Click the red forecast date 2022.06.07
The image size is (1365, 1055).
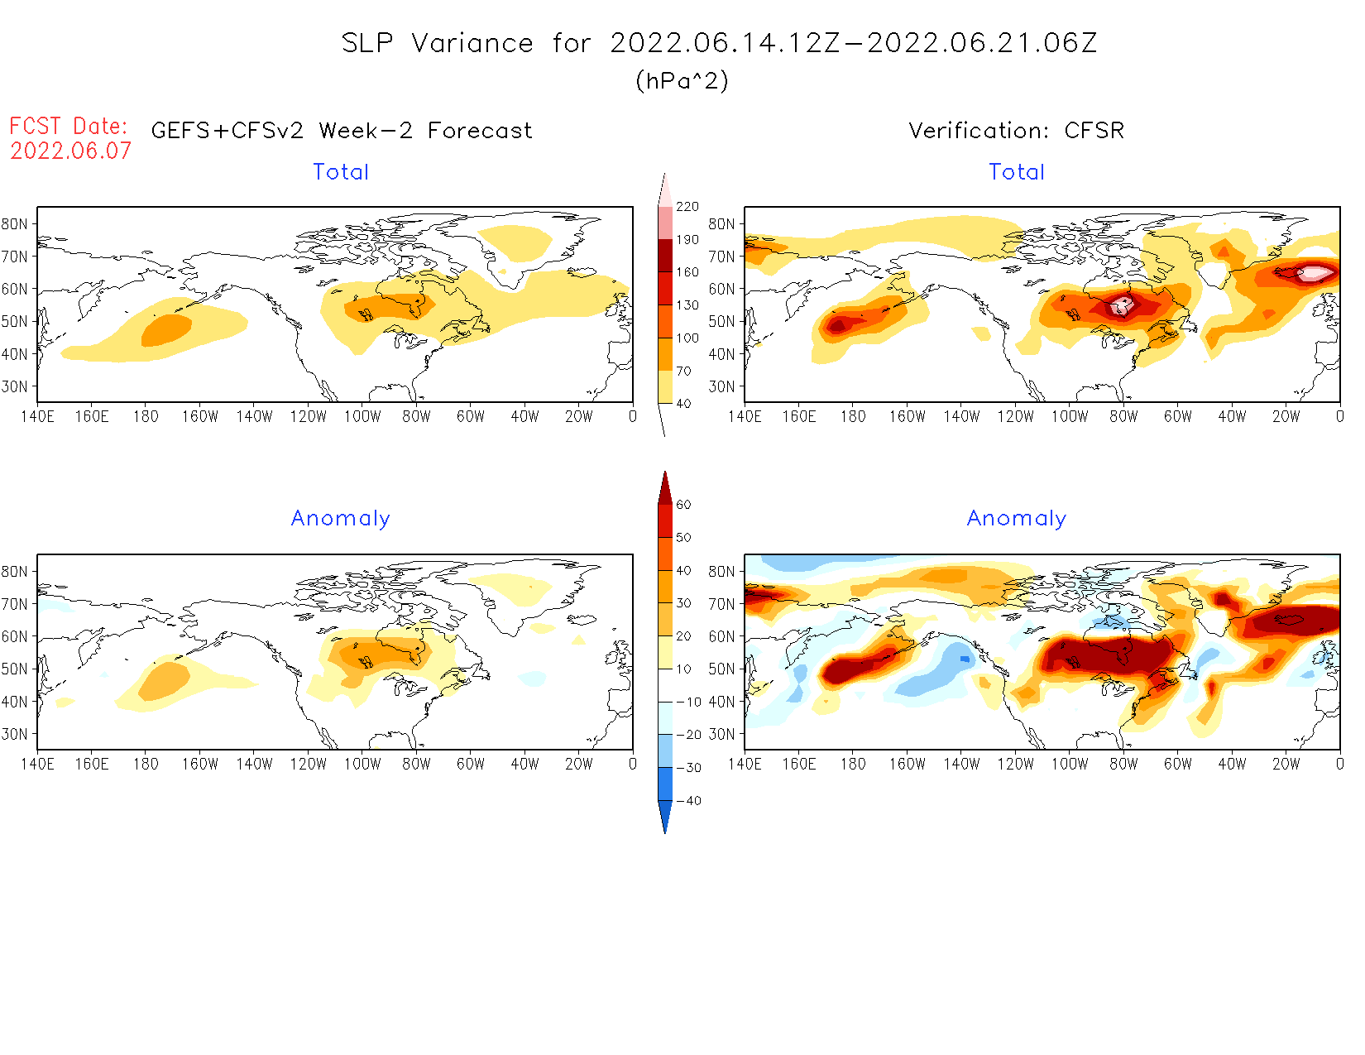coord(70,151)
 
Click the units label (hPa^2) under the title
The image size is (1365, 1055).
coord(682,80)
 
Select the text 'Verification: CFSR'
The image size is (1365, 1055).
coord(1016,131)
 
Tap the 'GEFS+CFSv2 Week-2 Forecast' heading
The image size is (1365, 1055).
coord(342,131)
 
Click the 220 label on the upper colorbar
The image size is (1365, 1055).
coord(687,207)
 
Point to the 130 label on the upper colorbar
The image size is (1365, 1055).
coord(687,305)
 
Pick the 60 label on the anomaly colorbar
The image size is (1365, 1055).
coord(683,505)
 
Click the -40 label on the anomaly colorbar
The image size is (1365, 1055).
coord(688,801)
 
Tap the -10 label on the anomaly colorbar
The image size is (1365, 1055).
coord(688,702)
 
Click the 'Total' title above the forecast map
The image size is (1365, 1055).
coord(341,172)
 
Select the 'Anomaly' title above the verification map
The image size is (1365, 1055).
coord(1017,519)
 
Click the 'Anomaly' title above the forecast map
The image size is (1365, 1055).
coord(341,519)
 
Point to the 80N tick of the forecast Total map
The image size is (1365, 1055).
coord(15,224)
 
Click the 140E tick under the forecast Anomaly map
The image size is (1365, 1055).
coord(37,764)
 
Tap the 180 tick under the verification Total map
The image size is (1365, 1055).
coord(853,416)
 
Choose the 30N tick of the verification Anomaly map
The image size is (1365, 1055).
coord(721,734)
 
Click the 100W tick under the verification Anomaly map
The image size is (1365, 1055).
coord(1070,764)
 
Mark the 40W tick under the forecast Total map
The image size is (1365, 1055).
coord(524,416)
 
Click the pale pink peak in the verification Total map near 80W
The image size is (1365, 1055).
coord(1121,306)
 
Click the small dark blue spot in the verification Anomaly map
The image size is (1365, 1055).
coord(965,659)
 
